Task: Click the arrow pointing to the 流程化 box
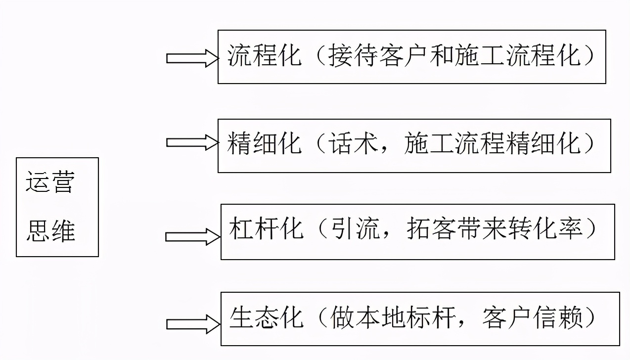pos(192,58)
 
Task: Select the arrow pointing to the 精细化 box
pos(192,143)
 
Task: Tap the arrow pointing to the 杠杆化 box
pos(192,237)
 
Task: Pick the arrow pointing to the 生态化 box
pos(192,324)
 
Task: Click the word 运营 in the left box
pos(50,182)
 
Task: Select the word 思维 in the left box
pos(50,230)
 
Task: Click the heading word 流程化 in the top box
pos(265,56)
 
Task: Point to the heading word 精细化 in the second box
pos(265,144)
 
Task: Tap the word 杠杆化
pos(267,229)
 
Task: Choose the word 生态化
pos(267,317)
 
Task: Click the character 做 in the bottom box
pos(341,317)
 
